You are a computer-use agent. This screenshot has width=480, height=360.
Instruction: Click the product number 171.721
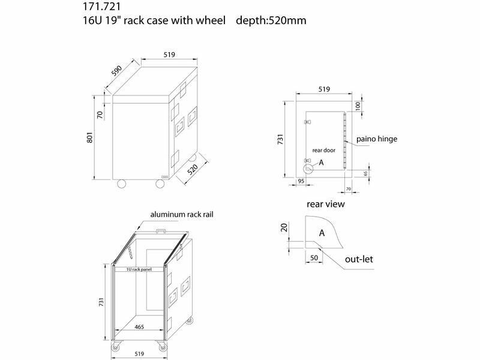click(102, 7)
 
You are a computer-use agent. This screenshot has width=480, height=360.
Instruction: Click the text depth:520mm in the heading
click(271, 20)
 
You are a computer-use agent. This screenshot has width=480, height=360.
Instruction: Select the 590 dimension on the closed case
click(116, 71)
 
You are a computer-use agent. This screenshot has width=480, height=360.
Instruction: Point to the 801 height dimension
click(89, 137)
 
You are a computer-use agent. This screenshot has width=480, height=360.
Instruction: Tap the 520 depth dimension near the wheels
click(193, 169)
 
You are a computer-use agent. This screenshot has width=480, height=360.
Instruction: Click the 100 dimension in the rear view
click(358, 106)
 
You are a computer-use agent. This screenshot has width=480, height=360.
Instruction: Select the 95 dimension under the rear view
click(301, 181)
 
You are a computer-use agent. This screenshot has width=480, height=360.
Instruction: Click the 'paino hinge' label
click(377, 139)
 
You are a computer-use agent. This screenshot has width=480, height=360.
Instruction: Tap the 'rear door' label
click(323, 151)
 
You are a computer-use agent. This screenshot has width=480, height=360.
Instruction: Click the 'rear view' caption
click(326, 204)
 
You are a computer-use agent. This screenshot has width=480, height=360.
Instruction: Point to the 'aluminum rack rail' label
click(182, 214)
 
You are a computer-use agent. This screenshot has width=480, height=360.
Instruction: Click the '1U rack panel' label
click(139, 269)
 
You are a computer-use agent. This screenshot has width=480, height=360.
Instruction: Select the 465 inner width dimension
click(139, 327)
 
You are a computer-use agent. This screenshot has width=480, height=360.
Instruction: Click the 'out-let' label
click(359, 259)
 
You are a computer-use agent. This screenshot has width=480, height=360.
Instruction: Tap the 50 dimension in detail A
click(314, 258)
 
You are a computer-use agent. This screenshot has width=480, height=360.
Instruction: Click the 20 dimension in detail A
click(284, 227)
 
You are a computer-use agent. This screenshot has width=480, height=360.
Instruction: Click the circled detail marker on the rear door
click(308, 168)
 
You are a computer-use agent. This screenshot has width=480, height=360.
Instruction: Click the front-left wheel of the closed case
click(122, 184)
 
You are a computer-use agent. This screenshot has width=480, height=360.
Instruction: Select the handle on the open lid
click(161, 231)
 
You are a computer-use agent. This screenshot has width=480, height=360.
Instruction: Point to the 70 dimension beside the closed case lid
click(100, 115)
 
